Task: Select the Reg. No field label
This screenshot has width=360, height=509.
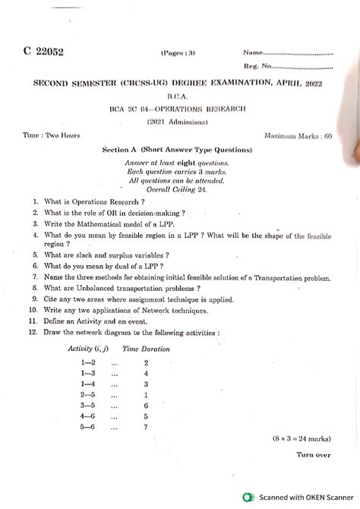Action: [257, 67]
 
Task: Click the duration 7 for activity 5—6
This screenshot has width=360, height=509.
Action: [145, 428]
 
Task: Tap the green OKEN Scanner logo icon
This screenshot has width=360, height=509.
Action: [247, 498]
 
